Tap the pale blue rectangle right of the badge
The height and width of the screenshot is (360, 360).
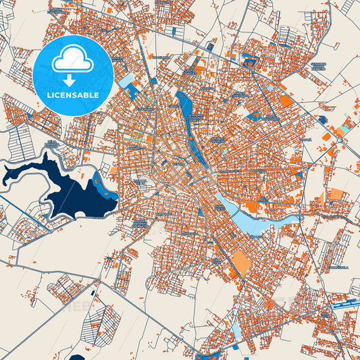(x=127, y=82)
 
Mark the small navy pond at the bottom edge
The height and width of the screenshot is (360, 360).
(x=78, y=357)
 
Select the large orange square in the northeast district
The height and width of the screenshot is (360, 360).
(x=287, y=101)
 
